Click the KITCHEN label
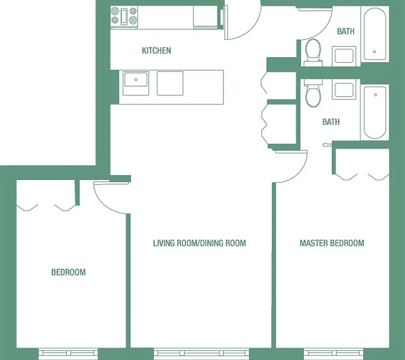coord(156,50)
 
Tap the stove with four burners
coord(124,16)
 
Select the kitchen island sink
coord(136,82)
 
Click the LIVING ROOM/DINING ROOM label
coord(200,243)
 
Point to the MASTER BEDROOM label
coord(332,243)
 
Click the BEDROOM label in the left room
coord(68,272)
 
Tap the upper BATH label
coord(346,31)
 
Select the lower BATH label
coord(331,122)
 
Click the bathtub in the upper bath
coord(374,34)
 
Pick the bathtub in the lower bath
coord(374,112)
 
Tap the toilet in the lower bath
coord(312,94)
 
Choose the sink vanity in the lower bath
coord(344,90)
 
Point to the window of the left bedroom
coord(68,353)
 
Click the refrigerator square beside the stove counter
coord(205,17)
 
